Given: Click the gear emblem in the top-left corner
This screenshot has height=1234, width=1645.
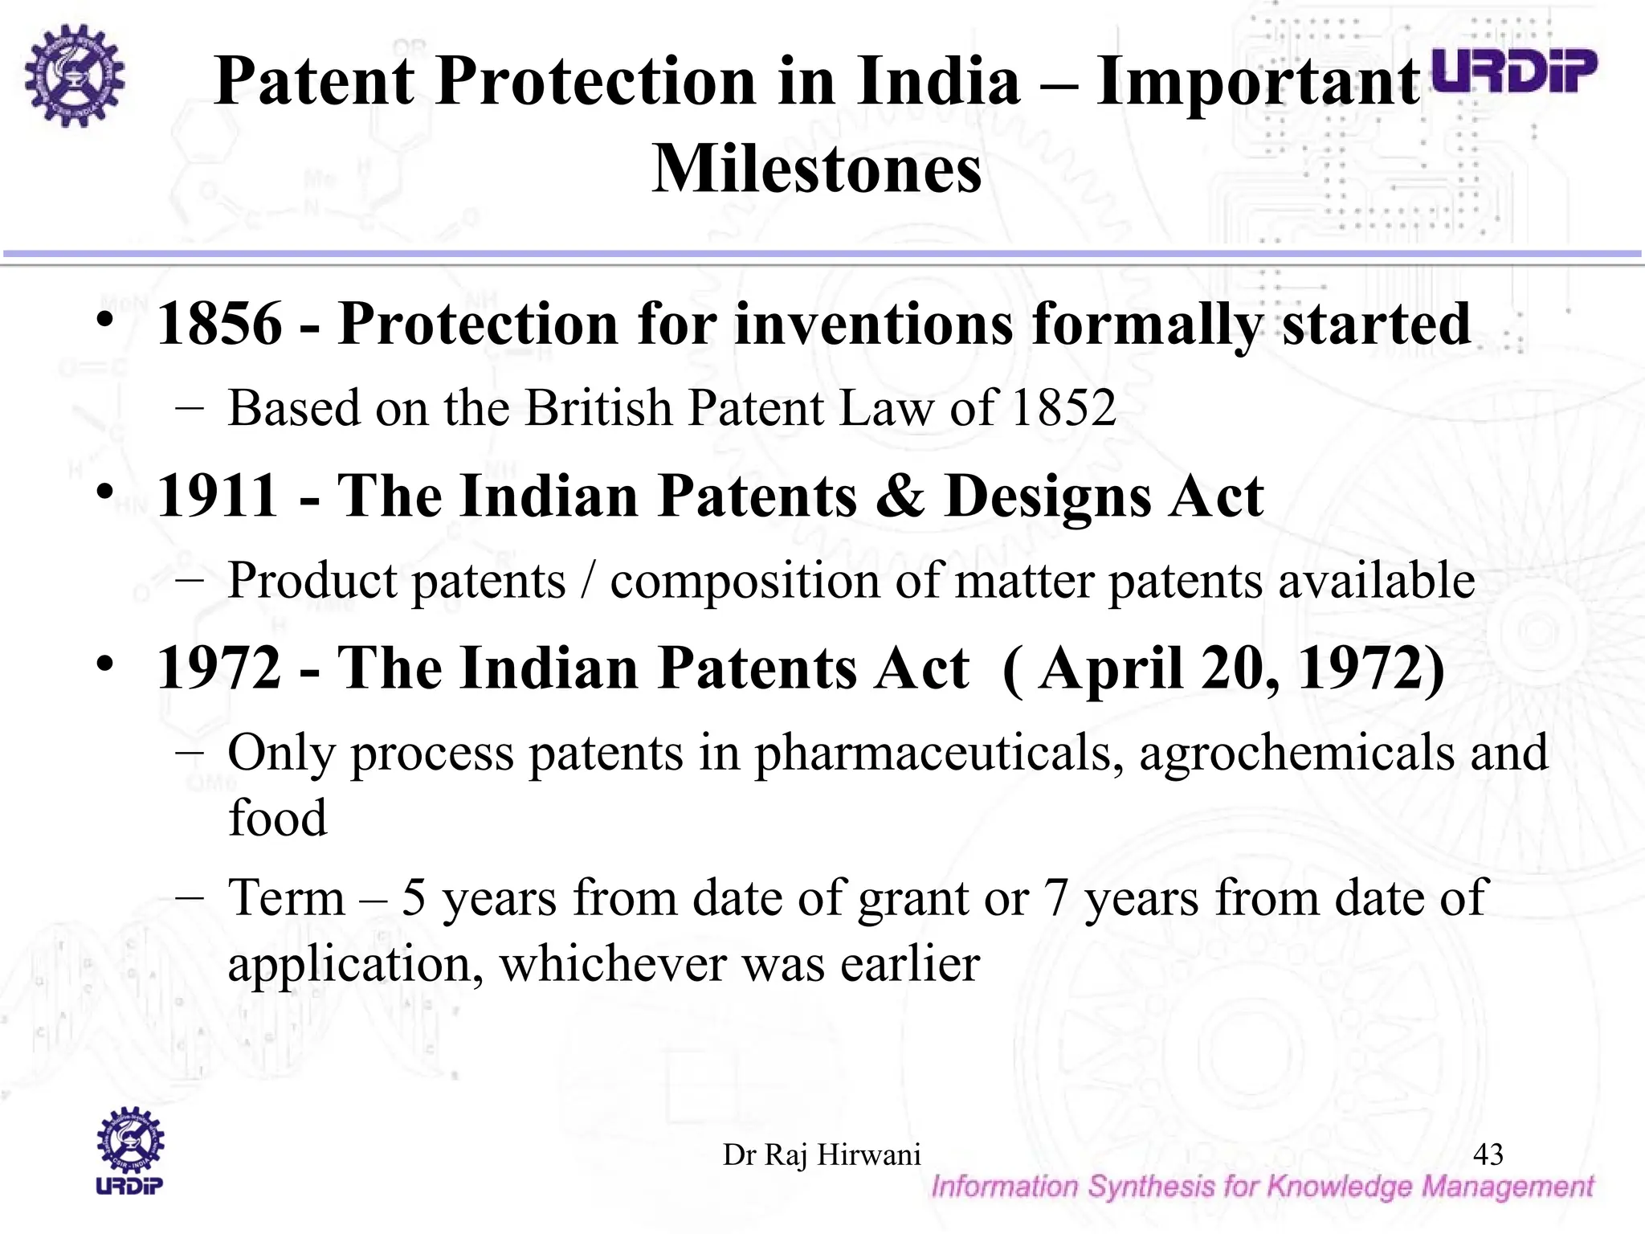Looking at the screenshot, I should pos(74,76).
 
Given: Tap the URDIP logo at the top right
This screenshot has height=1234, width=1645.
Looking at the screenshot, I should pos(1515,72).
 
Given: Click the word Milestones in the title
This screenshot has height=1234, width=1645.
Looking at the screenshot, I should pos(816,170).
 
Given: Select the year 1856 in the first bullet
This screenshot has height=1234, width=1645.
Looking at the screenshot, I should pos(219,324).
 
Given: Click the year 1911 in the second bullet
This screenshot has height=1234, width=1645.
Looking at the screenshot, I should pos(218,496).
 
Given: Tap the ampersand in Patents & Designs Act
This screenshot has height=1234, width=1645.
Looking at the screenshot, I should pos(900,496).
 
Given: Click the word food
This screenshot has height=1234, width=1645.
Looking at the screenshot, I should pos(277,818).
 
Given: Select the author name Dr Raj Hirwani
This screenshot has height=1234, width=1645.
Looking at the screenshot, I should pos(822,1154).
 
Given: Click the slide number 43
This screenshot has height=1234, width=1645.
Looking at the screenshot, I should pos(1488,1154).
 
